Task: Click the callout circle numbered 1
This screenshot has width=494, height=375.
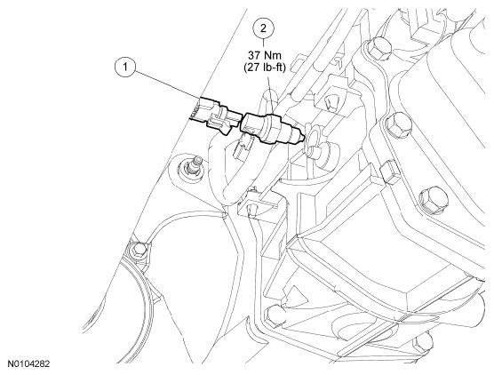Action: point(125,67)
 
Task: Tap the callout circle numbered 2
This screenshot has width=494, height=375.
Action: point(263,28)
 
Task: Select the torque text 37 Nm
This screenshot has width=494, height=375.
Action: point(265,55)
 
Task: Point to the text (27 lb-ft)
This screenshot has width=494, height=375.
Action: point(265,68)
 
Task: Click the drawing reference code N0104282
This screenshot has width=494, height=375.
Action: point(28,364)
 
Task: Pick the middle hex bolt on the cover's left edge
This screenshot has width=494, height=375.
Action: point(396,124)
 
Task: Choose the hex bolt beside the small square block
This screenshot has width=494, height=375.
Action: point(434,199)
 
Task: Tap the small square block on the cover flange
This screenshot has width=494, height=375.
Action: point(391,172)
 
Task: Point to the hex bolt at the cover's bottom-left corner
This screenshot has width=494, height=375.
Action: point(275,315)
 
